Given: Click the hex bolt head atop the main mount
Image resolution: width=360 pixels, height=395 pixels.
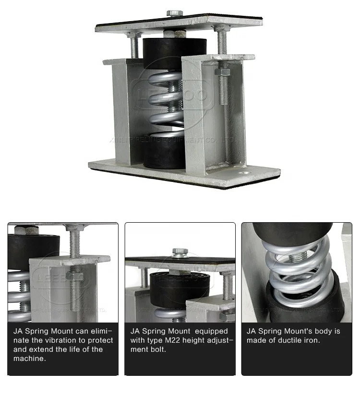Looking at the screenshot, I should point(174,13).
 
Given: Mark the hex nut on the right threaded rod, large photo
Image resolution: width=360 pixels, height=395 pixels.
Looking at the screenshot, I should point(222,72).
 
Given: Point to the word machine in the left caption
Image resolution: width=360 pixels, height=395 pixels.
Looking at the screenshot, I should point(29,359).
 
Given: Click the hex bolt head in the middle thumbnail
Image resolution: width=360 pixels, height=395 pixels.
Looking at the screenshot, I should point(180,252).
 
